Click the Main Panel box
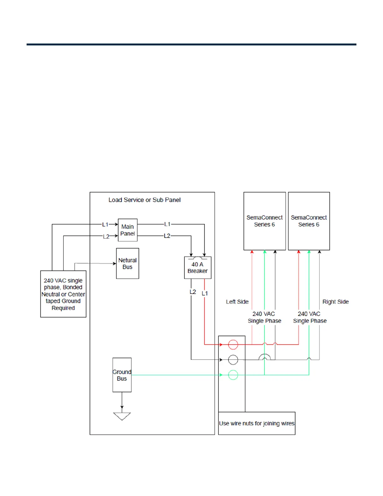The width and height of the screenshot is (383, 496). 128,230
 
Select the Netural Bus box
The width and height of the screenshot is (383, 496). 127,263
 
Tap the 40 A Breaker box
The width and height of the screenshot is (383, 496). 197,268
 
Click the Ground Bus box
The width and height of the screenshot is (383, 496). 122,375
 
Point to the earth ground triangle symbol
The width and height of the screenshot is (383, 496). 122,416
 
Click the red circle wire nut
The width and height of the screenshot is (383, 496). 233,344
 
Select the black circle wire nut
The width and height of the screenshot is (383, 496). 233,360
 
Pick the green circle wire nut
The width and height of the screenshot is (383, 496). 233,375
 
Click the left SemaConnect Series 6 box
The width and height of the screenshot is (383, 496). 264,221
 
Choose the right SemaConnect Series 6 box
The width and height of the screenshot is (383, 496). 309,221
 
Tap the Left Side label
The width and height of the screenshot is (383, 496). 237,302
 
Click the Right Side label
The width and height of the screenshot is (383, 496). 335,302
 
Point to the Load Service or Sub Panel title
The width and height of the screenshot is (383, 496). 145,200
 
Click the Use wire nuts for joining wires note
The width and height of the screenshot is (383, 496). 257,423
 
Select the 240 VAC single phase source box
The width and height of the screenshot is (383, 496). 63,294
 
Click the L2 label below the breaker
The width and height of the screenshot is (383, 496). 193,292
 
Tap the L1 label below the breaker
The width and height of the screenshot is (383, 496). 205,293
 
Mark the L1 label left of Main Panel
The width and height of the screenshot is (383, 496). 105,225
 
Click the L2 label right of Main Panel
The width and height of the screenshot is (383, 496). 167,236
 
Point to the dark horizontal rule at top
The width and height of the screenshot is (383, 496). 191,44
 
